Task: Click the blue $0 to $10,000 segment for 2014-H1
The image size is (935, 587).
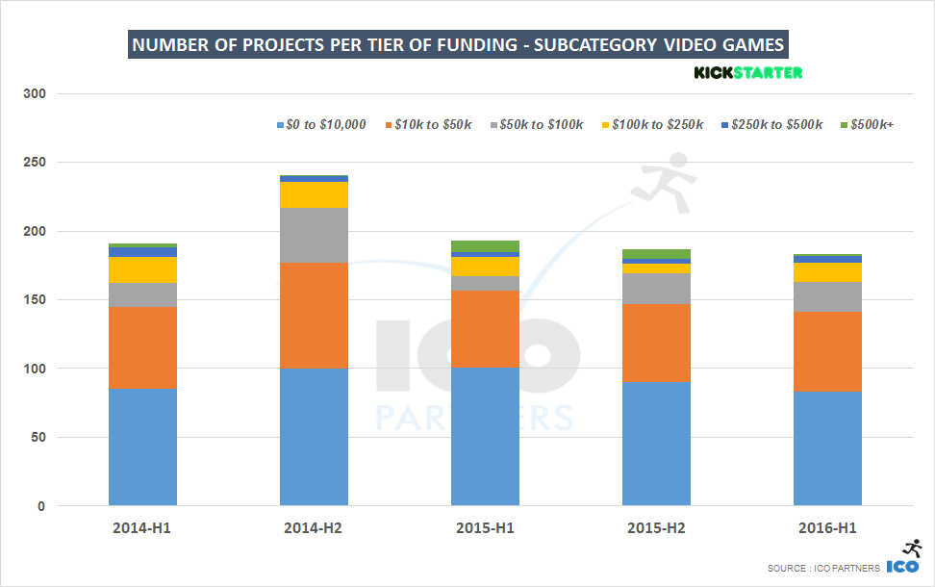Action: tap(142, 447)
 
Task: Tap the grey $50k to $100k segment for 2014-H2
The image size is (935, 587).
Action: tap(314, 235)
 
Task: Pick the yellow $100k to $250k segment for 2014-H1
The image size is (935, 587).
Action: tap(142, 269)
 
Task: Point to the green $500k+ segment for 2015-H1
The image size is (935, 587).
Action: tap(485, 246)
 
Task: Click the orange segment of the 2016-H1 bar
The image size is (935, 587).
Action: tap(827, 351)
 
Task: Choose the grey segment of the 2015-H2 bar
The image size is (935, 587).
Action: tap(656, 288)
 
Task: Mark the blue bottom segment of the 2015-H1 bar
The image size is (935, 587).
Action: tap(485, 436)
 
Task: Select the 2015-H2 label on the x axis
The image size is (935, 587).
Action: tap(656, 528)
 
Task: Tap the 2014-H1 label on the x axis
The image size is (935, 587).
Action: tap(142, 528)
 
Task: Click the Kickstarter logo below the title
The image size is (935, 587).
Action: tap(747, 72)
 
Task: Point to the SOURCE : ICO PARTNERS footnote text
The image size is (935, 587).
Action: tap(822, 569)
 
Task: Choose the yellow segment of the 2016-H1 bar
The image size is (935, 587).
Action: tap(827, 272)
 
